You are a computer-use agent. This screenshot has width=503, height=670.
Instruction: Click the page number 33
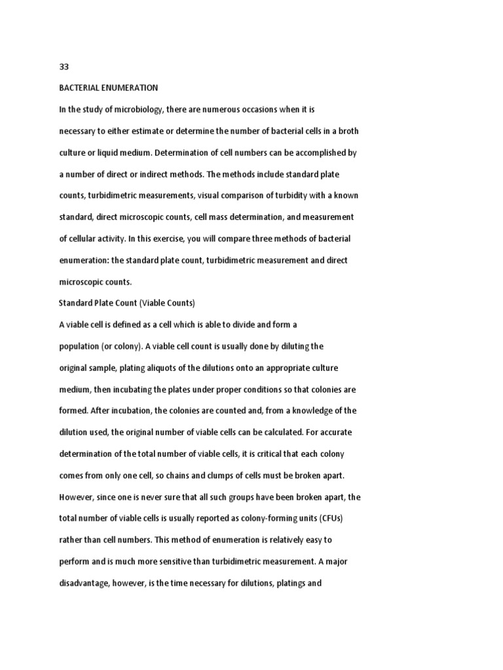point(64,67)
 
